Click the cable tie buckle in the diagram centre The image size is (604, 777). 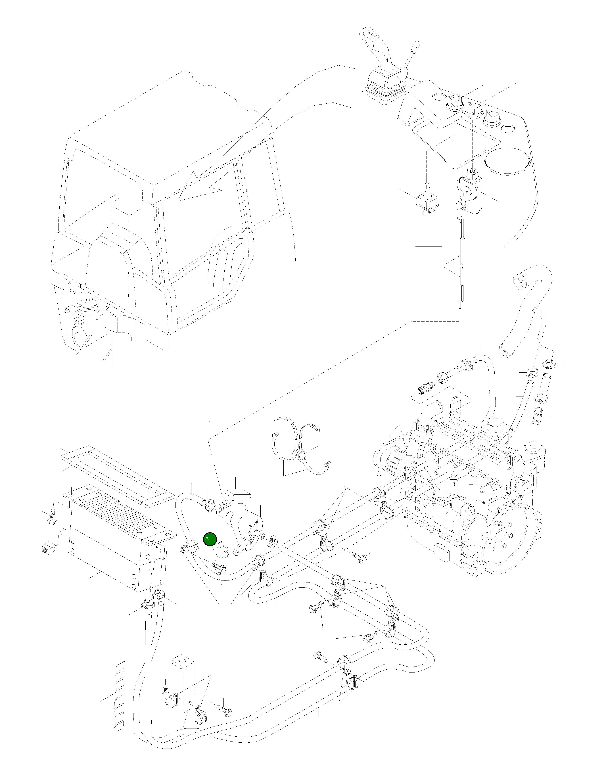click(296, 456)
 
